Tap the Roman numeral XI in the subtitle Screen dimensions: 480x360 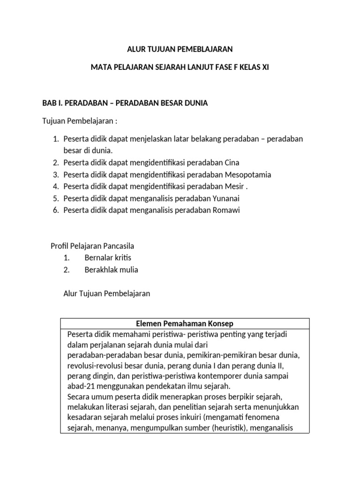(x=264, y=68)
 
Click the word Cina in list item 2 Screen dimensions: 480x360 (x=232, y=163)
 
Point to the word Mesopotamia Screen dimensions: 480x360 (x=248, y=174)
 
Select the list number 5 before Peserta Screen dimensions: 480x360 (x=55, y=198)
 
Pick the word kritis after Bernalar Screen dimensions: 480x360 (x=122, y=258)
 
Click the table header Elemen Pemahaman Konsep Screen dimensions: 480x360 (x=184, y=324)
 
